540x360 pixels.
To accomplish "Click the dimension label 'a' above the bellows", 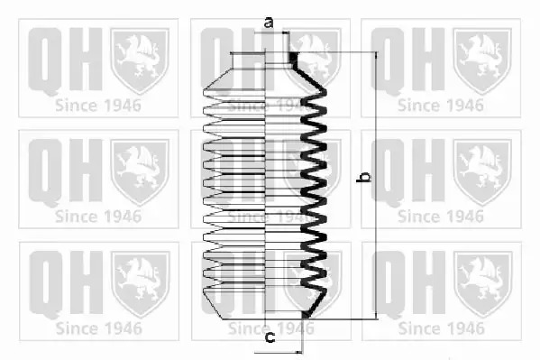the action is (269, 23).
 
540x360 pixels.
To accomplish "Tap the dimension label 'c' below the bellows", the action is (270, 337).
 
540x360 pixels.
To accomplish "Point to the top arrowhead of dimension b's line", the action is (376, 55).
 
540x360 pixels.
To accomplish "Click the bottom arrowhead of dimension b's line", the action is (376, 316).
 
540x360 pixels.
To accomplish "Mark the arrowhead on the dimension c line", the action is (298, 353).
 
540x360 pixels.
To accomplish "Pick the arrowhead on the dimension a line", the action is (285, 32).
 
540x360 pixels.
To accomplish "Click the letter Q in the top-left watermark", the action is (45, 61).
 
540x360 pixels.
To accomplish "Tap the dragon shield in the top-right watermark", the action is (481, 60).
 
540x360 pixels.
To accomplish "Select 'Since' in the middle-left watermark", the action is (70, 217).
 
